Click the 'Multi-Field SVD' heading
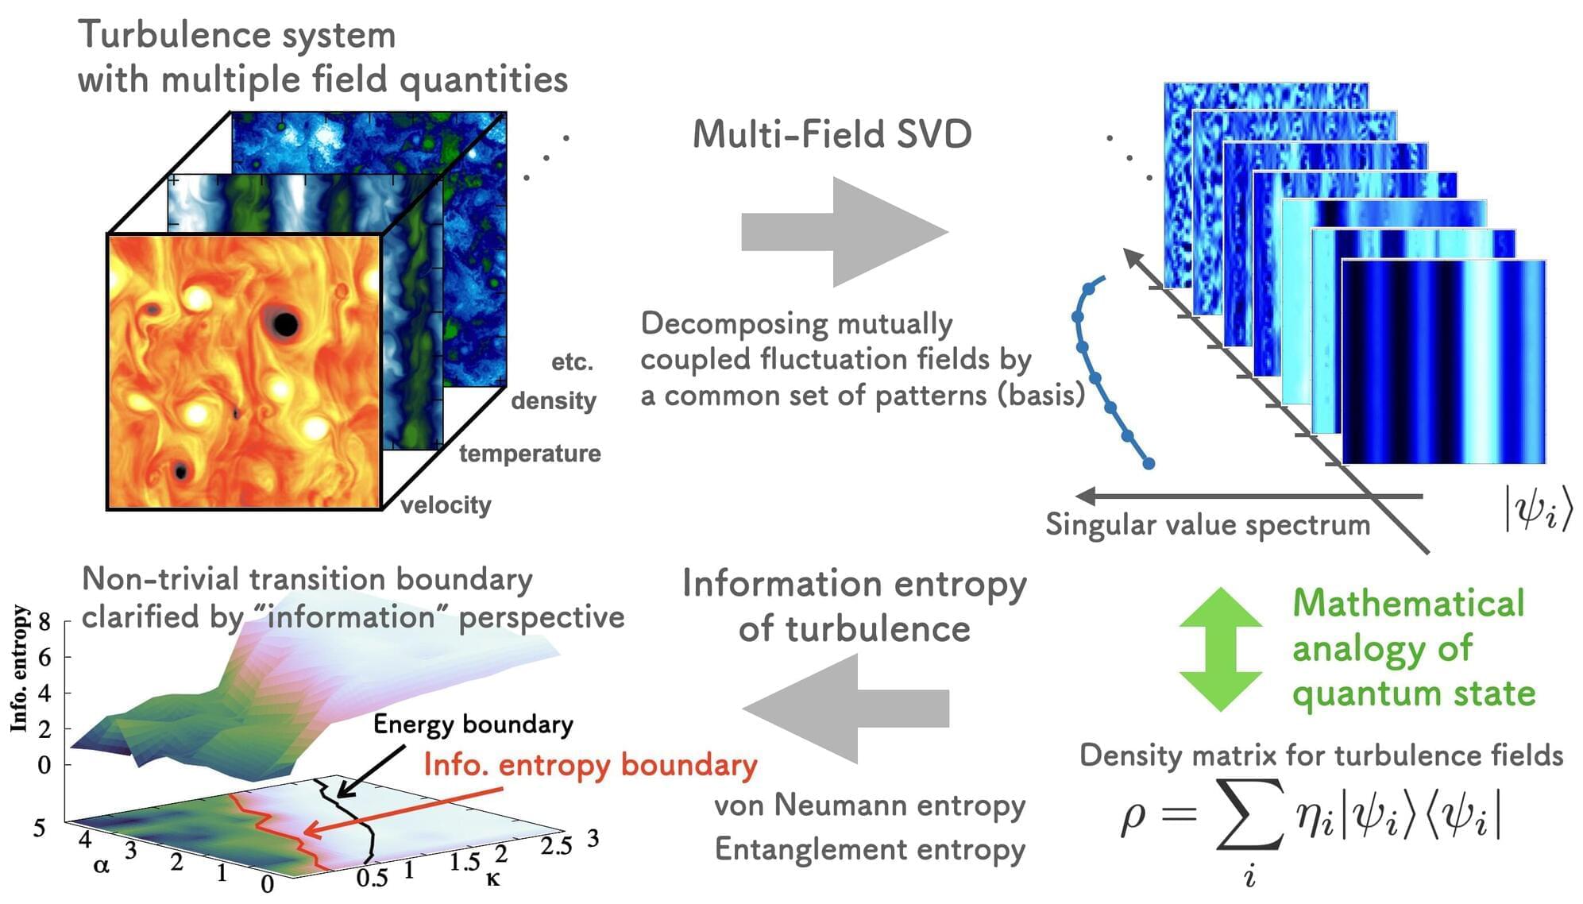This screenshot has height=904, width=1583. point(832,133)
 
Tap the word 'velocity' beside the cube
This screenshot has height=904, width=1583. point(446,505)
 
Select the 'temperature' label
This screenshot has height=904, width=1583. point(530,454)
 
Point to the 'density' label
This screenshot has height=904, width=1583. point(554,400)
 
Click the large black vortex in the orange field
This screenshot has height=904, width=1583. point(285,324)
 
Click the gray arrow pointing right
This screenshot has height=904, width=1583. point(845,232)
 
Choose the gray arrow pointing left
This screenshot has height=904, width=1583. point(845,708)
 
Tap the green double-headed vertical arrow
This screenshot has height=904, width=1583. point(1221,649)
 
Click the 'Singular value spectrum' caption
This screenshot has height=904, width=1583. point(1207,524)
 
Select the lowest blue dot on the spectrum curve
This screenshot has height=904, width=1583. point(1149,463)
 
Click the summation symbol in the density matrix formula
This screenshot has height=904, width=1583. point(1249,815)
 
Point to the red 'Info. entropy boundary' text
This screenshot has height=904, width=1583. point(590,764)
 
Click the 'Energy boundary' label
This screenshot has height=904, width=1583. point(473,724)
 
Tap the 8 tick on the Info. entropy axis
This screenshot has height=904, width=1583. point(44,622)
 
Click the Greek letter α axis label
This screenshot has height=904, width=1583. point(101,865)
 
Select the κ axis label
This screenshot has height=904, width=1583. point(493,879)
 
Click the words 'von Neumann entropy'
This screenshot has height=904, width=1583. point(870,805)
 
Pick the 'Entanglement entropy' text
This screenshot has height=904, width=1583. point(870,849)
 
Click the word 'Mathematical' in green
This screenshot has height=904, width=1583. point(1408,602)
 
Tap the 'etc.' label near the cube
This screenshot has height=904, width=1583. point(573,362)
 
